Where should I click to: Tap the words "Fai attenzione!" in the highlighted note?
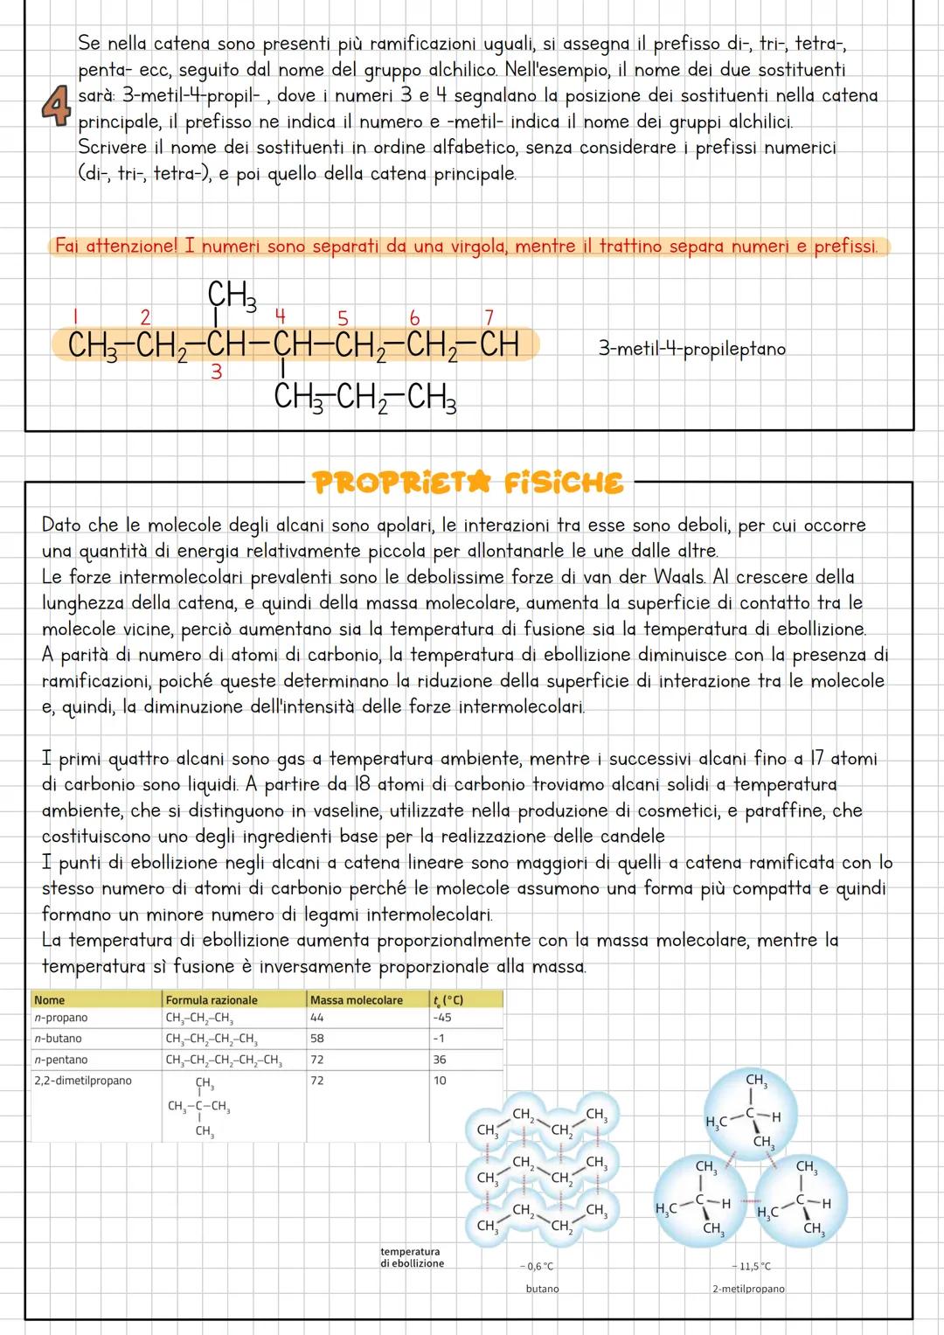click(116, 247)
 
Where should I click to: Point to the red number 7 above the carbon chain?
click(489, 316)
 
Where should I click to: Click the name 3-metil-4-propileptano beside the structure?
click(691, 349)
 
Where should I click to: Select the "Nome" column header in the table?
click(50, 999)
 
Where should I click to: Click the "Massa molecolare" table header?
click(356, 999)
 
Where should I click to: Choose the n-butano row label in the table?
click(58, 1039)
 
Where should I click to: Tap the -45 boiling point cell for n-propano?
click(441, 1018)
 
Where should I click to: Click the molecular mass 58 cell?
click(316, 1039)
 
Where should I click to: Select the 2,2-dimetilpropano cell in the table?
click(83, 1081)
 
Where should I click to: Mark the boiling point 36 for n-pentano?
click(439, 1060)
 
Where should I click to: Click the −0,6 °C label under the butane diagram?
click(537, 1266)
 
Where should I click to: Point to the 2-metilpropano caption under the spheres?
click(747, 1289)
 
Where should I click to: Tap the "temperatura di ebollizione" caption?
click(412, 1257)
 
